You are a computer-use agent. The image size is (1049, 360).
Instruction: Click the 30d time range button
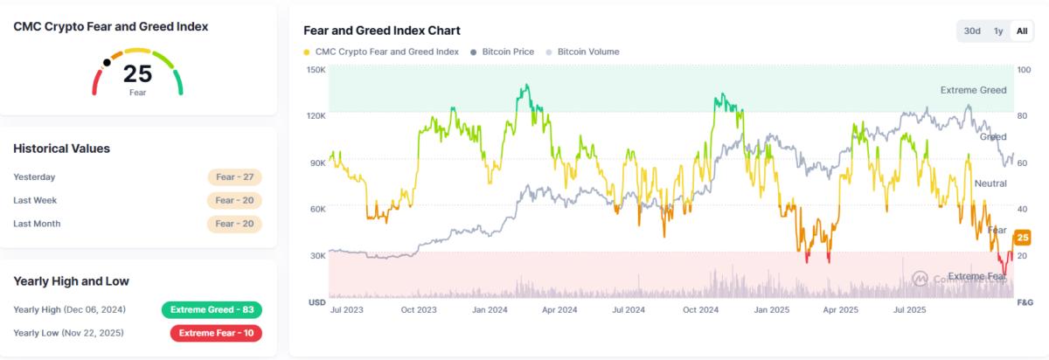(972, 31)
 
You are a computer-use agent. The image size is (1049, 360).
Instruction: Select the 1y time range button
(998, 31)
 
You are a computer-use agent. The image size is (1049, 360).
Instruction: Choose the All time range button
(1021, 31)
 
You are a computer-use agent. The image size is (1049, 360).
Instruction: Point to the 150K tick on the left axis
(316, 69)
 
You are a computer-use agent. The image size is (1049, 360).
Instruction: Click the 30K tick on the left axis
(316, 255)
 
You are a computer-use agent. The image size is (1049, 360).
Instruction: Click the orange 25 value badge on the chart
(1022, 237)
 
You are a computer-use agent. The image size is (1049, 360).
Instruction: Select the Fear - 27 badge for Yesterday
(234, 177)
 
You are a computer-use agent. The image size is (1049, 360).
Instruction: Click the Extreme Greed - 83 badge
(212, 309)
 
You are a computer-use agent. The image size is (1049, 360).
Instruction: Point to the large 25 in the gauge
(138, 74)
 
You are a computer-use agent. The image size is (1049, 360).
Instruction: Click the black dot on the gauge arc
(107, 62)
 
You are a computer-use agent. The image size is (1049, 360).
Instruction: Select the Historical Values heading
(61, 149)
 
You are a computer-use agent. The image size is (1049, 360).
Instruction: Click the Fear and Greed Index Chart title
(381, 31)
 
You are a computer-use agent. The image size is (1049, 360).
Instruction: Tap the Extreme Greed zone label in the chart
(973, 90)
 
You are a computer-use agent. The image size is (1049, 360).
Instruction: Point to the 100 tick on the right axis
(1024, 69)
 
